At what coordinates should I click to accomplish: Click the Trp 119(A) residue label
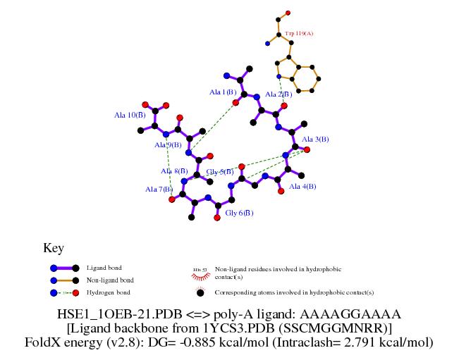[299, 33]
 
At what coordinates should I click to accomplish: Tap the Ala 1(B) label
[223, 92]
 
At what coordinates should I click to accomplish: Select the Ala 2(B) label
[280, 94]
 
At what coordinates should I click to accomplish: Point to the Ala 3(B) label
[315, 139]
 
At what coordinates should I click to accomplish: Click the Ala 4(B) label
[302, 187]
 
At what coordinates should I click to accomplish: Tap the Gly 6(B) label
[239, 212]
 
